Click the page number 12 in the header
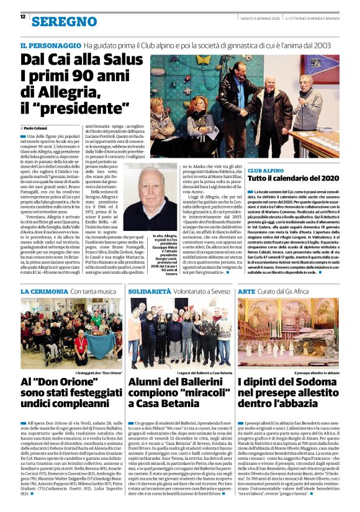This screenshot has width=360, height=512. (22, 17)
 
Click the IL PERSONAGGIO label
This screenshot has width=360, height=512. (50, 46)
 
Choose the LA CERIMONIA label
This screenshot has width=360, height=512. (43, 290)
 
